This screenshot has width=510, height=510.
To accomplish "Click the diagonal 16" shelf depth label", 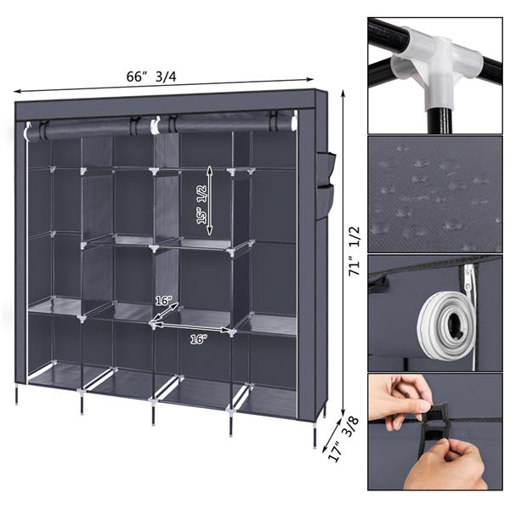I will (x=164, y=300).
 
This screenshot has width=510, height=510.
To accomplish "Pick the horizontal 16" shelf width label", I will (x=197, y=338).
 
